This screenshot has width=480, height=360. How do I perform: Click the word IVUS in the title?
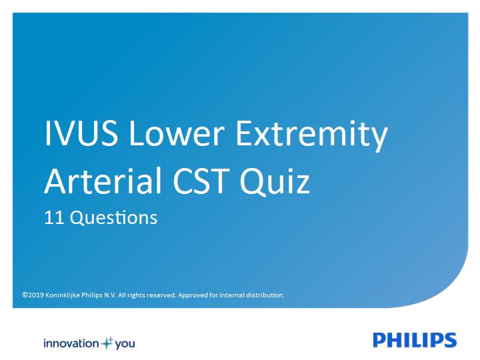point(81,133)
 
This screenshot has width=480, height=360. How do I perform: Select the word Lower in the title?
point(177,133)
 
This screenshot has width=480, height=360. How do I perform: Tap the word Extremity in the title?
point(311,136)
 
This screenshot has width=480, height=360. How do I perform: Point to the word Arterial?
point(103,181)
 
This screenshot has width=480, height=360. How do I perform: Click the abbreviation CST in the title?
point(201,181)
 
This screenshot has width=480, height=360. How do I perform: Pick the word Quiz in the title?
point(275,182)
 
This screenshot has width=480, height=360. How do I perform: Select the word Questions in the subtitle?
point(114,218)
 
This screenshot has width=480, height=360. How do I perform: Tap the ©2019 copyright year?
point(33,295)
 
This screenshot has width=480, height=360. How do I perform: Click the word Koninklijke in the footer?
point(63,295)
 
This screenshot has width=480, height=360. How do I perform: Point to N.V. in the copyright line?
point(110,295)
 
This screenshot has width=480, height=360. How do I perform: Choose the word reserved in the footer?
point(161,295)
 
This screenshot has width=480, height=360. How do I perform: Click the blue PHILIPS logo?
point(415,340)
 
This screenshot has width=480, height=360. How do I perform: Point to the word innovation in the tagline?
point(71,343)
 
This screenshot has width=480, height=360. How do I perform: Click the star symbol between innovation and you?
point(107,343)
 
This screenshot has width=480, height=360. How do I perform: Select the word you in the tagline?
point(125,345)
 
